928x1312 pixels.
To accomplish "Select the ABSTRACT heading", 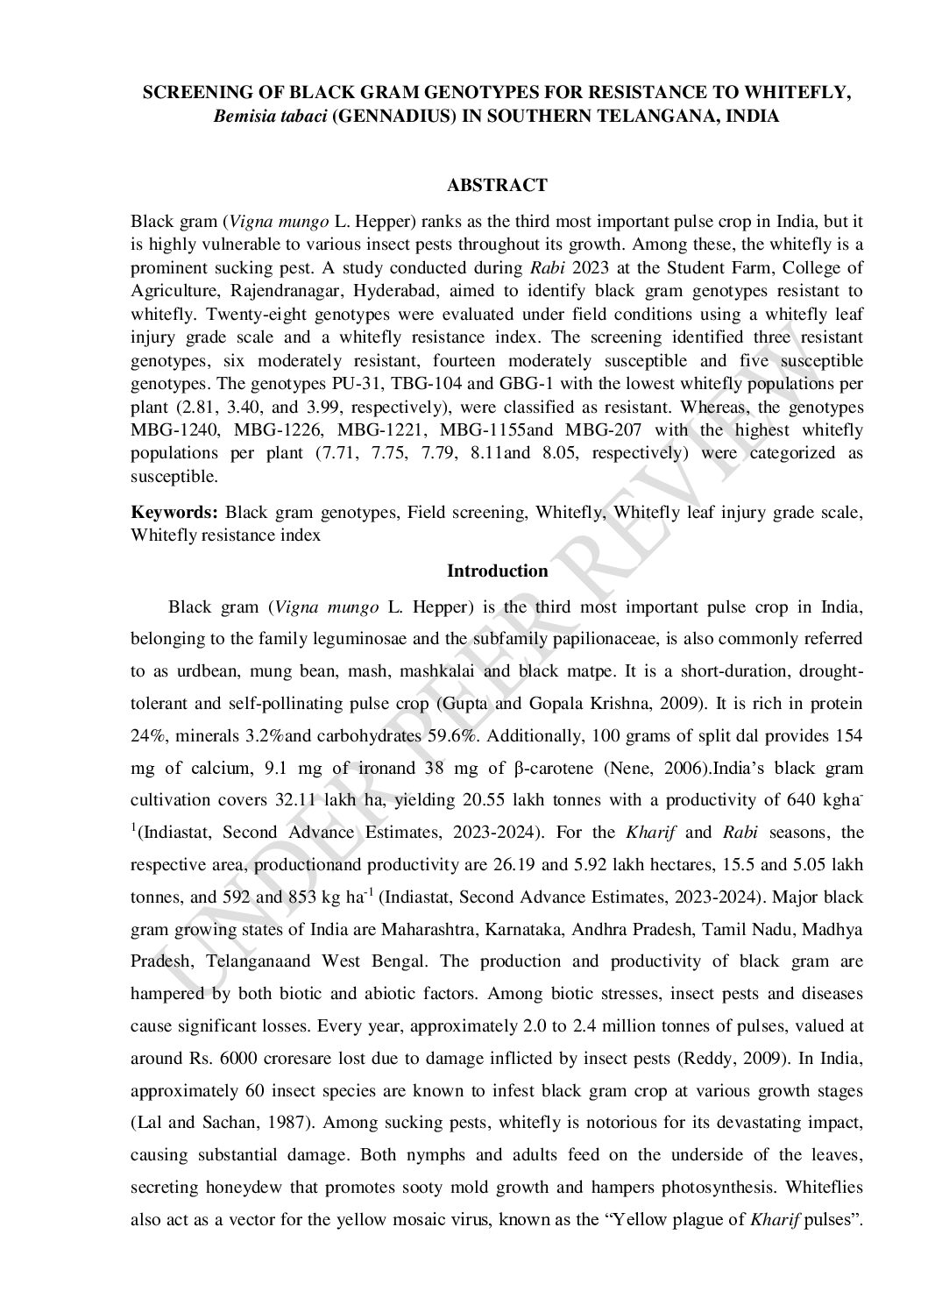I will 497,185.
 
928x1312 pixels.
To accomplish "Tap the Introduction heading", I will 497,571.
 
